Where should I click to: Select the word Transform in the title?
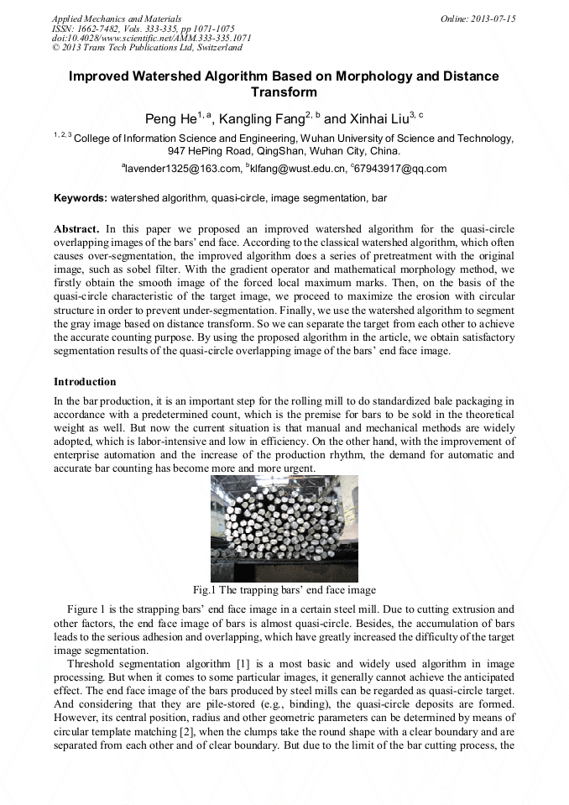(x=284, y=92)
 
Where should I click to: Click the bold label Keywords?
(x=81, y=199)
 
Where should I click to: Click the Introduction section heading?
(x=85, y=382)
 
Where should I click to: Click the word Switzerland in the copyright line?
(x=214, y=48)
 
